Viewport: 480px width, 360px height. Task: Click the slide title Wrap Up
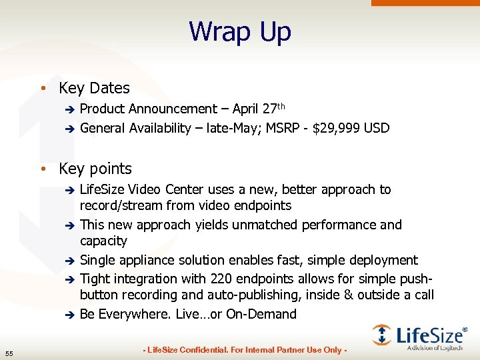click(240, 31)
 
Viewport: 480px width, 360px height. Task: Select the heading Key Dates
click(94, 88)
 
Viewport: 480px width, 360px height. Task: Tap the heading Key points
click(95, 169)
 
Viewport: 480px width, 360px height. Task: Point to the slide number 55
click(9, 353)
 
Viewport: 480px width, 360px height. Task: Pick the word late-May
click(234, 128)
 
